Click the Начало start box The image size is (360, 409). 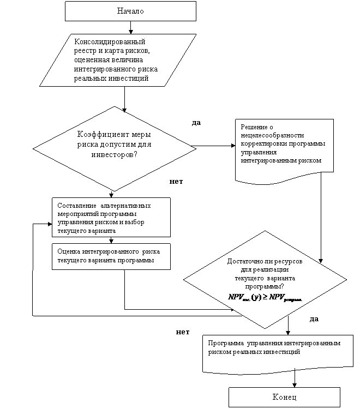click(x=130, y=11)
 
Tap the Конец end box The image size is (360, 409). click(x=284, y=396)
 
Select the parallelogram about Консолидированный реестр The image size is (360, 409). click(x=118, y=60)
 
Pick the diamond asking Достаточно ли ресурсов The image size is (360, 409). click(x=265, y=279)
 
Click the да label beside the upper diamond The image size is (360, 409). click(x=196, y=123)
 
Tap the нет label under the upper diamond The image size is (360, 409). click(x=176, y=182)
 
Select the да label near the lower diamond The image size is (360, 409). click(x=314, y=319)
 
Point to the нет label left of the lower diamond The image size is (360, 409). click(x=183, y=332)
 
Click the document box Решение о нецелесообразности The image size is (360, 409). click(x=284, y=148)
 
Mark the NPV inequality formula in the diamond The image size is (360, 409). click(x=265, y=298)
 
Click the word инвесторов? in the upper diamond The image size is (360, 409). click(x=114, y=155)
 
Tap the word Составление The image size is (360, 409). click(x=74, y=206)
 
